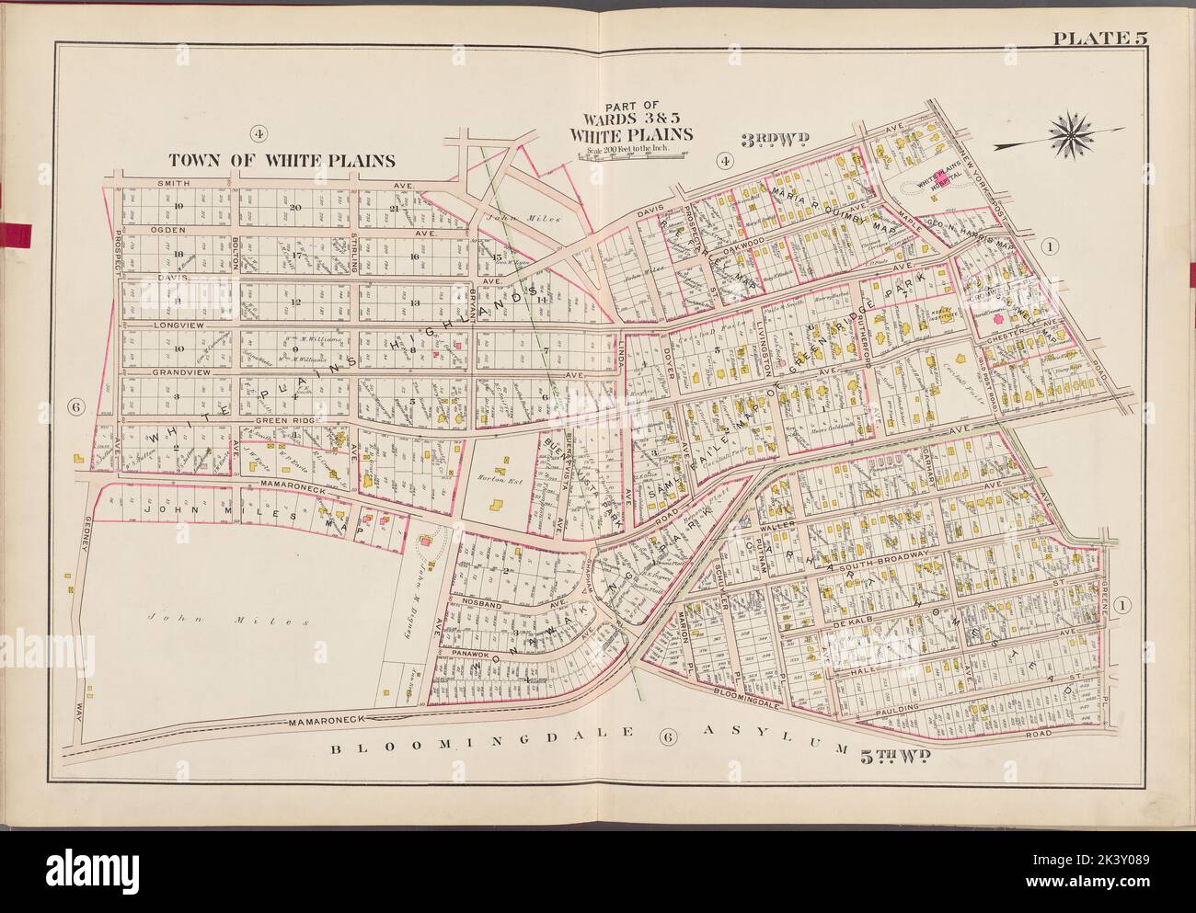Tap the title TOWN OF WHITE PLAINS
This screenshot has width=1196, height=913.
point(281,160)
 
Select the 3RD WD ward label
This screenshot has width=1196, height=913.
point(775,139)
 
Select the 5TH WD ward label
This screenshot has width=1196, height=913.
point(898,756)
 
